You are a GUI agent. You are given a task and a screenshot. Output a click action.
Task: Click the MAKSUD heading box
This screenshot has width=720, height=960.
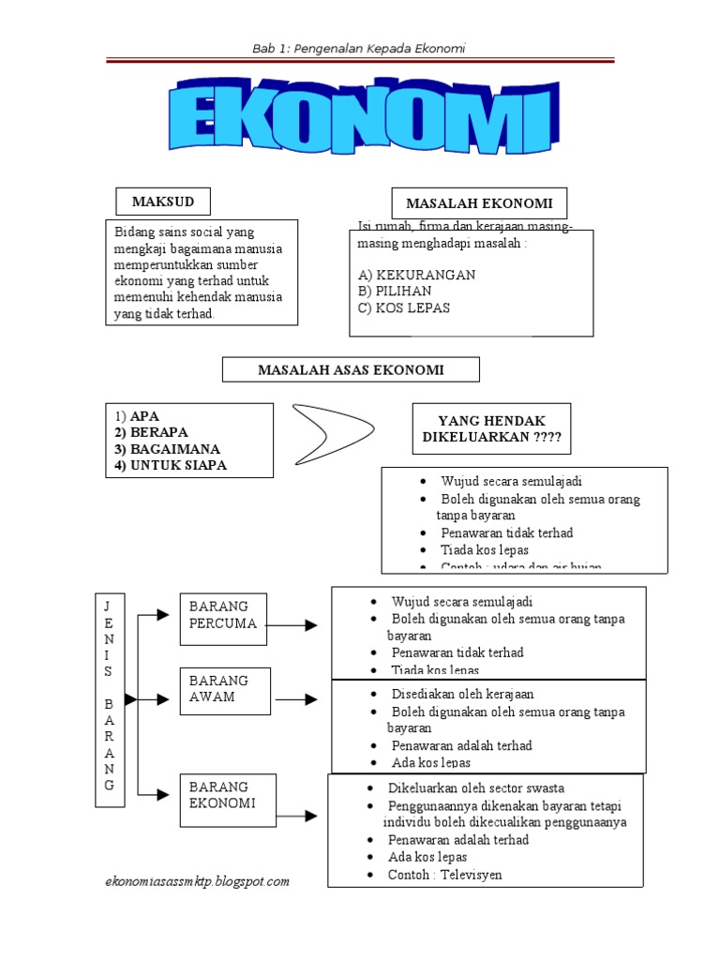[162, 202]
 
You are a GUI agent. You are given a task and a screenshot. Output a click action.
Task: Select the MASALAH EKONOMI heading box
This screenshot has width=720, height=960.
[478, 203]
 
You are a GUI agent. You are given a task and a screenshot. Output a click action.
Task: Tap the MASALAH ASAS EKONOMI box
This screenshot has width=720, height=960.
[351, 370]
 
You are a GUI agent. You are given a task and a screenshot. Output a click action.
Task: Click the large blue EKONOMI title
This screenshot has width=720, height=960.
[360, 120]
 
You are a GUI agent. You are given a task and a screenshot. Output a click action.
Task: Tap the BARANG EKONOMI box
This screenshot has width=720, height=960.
[228, 800]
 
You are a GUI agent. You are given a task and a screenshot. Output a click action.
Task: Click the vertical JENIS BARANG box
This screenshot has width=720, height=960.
[108, 698]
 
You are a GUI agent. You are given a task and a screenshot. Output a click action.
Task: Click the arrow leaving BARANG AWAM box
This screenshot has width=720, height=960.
[297, 699]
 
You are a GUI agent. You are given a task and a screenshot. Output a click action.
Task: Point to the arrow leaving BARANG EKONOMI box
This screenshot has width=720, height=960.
[297, 816]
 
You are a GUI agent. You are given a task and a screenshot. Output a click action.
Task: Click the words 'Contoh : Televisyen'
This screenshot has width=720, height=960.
[445, 874]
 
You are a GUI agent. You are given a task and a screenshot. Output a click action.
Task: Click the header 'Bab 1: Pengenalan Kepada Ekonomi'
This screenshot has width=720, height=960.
[359, 48]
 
